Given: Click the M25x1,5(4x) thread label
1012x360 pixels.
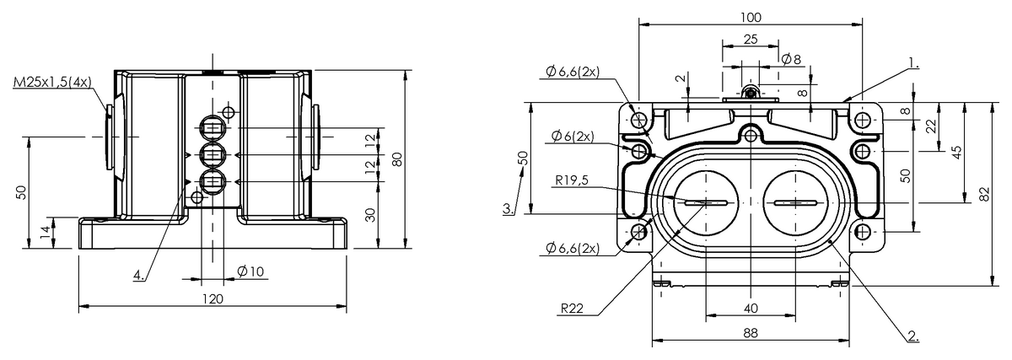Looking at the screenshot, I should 52,83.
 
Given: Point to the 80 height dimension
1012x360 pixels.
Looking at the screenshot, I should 397,159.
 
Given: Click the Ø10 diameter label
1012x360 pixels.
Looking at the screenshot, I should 250,271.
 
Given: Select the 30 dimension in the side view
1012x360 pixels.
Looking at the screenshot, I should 370,215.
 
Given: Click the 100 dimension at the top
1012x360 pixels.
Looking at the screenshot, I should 751,17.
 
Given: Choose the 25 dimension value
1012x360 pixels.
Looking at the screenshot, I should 750,40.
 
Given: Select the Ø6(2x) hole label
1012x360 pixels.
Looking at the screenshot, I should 573,136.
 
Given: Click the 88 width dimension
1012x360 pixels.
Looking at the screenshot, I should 750,333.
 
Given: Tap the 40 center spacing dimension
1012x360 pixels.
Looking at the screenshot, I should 750,308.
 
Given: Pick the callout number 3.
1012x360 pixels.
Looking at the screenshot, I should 507,207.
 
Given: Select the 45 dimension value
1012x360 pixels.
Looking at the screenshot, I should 956,152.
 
